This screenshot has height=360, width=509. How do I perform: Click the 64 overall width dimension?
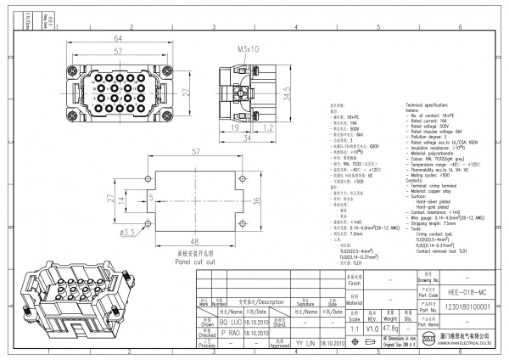click(117, 39)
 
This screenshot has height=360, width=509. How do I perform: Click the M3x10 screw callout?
click(249, 49)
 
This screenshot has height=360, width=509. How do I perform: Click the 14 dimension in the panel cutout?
click(122, 200)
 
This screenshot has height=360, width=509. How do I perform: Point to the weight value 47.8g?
click(390, 327)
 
